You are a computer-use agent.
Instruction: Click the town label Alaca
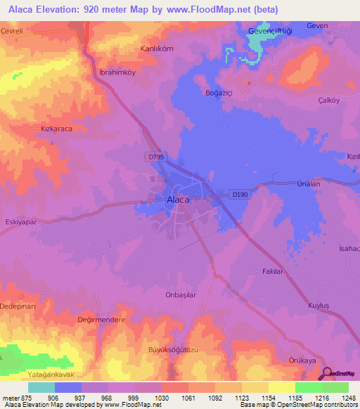(177, 200)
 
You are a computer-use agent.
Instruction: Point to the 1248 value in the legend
(349, 397)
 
